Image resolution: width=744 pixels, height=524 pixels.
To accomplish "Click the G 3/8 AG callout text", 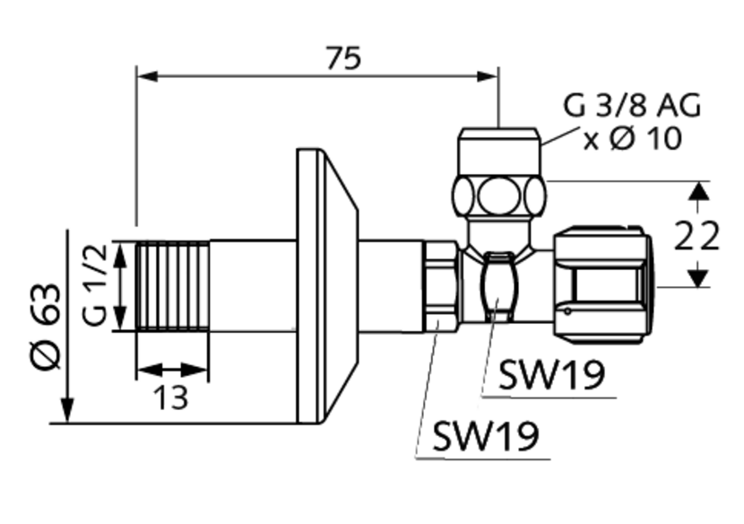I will (631, 105).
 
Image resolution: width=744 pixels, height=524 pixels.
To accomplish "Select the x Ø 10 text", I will (633, 140).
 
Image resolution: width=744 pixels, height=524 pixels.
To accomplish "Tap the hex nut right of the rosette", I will (440, 286).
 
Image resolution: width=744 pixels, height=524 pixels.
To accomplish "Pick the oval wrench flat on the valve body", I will (498, 285).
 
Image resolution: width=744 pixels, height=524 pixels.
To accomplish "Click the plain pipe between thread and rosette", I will (252, 286).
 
